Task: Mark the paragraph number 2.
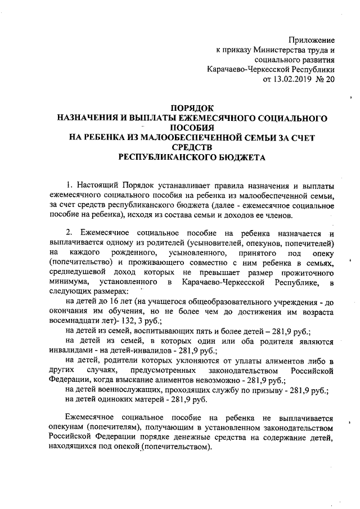click(69, 233)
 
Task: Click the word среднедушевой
click(76, 271)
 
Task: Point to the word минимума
click(69, 281)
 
